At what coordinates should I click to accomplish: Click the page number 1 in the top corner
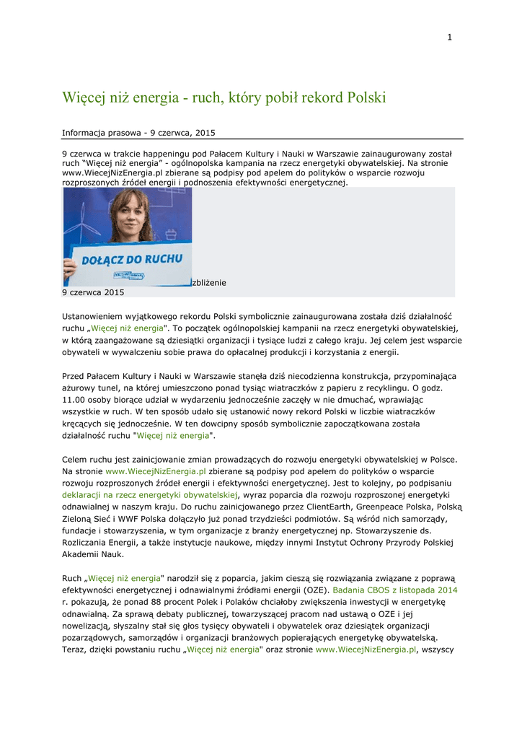448,38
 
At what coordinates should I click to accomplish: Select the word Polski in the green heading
367,97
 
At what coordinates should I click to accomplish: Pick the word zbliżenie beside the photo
209,282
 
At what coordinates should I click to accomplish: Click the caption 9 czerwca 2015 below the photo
93,292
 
